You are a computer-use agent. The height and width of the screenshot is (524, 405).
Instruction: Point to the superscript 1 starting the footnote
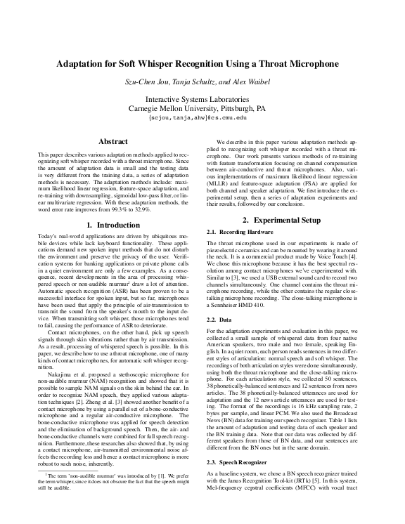(x=48, y=494)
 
